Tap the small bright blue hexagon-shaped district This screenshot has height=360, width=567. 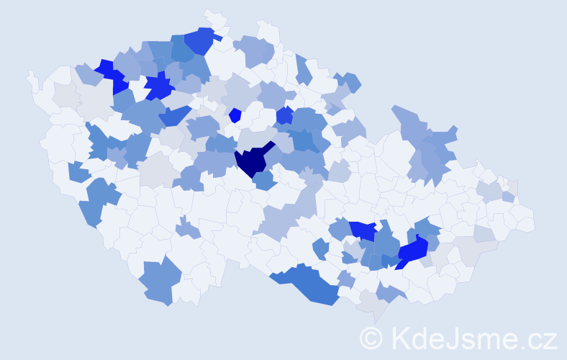coord(235,114)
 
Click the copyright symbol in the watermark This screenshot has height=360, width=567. coord(372,338)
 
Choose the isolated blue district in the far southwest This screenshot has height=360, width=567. coord(157,282)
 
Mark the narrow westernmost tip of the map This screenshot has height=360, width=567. coord(30,75)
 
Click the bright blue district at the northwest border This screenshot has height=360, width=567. coord(109,73)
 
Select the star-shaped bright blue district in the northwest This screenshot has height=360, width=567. coord(159,88)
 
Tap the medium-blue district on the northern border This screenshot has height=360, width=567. coord(201,41)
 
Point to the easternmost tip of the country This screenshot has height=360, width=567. coord(532,220)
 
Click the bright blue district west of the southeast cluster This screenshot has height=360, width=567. coord(364,230)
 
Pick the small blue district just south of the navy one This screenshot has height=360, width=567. coord(264,181)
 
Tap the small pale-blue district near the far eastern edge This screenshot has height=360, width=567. coord(509,197)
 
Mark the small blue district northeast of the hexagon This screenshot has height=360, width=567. coord(284,114)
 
